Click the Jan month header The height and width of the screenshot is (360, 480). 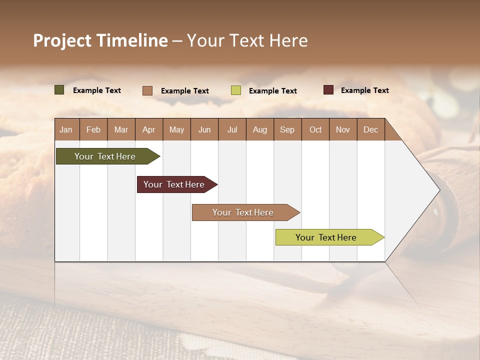click(66, 129)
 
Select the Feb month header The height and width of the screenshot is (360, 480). click(93, 129)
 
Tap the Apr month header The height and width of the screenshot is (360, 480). click(148, 129)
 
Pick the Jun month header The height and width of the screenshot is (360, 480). click(204, 129)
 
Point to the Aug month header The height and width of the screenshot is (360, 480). click(259, 129)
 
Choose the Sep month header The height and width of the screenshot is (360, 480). click(287, 129)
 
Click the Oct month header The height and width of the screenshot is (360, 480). click(315, 129)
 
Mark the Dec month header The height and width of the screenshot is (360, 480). click(370, 129)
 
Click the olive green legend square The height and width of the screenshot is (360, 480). click(59, 90)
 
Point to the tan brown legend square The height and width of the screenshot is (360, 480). click(147, 90)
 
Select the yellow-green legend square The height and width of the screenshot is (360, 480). click(236, 90)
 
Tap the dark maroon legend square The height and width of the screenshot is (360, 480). click(328, 90)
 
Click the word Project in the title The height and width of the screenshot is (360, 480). click(62, 40)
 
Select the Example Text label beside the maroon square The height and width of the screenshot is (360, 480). click(364, 90)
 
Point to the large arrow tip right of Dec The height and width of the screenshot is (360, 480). click(425, 190)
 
